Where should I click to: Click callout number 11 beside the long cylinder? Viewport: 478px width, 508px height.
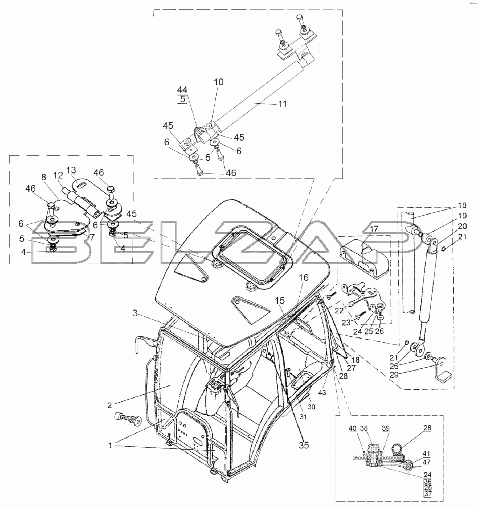(x=282, y=104)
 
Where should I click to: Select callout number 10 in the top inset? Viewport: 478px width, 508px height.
(x=219, y=82)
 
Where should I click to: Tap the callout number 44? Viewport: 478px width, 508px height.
(x=182, y=90)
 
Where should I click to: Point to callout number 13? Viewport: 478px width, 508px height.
(x=71, y=170)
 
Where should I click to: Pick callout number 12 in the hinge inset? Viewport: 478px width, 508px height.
(x=58, y=176)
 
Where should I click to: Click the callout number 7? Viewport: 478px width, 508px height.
(x=92, y=237)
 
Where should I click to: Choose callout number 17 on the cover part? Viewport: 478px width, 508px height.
(x=374, y=228)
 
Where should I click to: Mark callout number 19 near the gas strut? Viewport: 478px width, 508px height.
(x=462, y=216)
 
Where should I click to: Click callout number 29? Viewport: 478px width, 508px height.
(x=394, y=375)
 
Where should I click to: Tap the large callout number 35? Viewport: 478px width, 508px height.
(x=304, y=445)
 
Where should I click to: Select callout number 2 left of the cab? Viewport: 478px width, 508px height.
(x=110, y=405)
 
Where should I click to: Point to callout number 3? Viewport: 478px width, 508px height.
(x=135, y=313)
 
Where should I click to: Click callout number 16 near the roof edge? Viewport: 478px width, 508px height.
(x=304, y=278)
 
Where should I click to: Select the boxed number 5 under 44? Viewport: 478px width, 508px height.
(x=183, y=99)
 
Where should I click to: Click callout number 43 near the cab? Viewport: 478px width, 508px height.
(x=322, y=392)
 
